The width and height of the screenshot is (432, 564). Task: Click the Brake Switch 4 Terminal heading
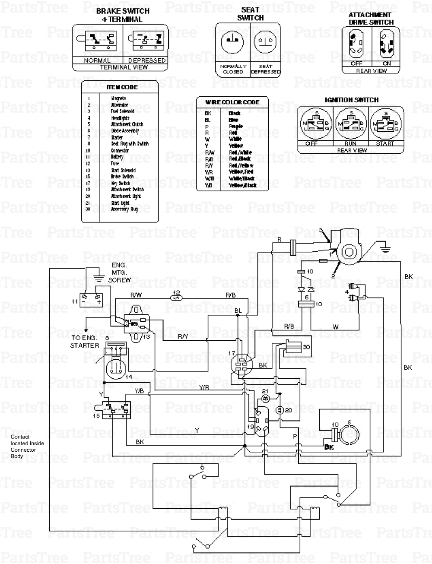[x=122, y=15]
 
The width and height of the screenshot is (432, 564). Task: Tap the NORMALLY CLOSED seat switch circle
[x=232, y=42]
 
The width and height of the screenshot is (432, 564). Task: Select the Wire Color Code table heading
[x=232, y=102]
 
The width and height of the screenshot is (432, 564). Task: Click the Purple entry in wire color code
[x=236, y=127]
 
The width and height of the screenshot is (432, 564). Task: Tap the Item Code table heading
[x=122, y=87]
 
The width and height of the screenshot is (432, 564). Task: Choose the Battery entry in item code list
[x=117, y=157]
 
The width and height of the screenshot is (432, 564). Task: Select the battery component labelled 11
[x=92, y=299]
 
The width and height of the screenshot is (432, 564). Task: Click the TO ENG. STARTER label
[x=85, y=342]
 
